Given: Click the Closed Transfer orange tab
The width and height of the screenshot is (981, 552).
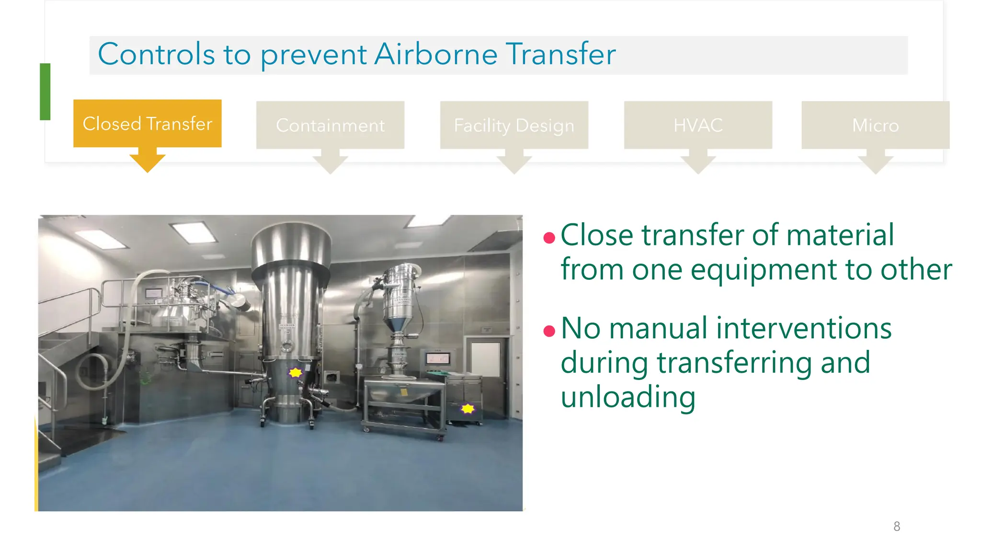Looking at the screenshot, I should coord(147,124).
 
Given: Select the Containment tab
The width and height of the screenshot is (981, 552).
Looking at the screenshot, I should coord(330,125).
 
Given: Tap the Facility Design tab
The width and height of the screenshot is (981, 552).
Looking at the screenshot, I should coord(514,125).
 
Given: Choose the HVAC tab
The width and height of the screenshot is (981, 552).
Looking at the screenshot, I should coord(698,125).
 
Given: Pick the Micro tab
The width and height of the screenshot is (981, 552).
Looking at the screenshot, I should coord(875,125).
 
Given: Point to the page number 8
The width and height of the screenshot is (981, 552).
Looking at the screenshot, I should coord(897,526).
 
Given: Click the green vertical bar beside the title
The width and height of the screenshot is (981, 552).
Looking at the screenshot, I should coord(45,92).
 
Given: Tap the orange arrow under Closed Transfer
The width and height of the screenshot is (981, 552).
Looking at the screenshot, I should coord(147,161).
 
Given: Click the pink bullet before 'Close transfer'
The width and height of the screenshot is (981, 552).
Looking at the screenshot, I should coord(549,237).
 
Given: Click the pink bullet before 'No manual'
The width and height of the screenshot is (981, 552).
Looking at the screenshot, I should coord(549,331).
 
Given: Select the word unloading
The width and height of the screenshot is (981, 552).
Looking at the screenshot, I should coord(627,397).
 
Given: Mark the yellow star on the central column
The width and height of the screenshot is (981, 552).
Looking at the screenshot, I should coord(296,372).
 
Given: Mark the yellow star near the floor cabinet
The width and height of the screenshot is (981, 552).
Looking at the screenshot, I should coord(468,408).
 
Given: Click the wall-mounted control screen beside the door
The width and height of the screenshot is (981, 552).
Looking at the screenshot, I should coord(438,358).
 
